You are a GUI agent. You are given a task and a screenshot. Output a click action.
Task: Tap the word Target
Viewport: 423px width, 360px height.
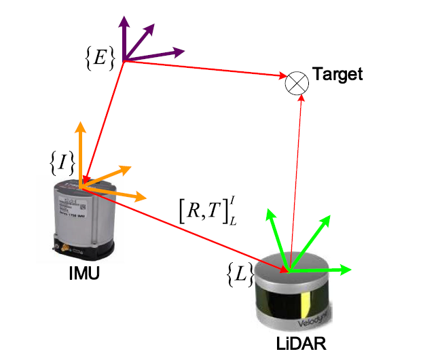[x=337, y=74]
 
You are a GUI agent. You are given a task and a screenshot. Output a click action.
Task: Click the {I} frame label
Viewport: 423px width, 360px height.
[x=62, y=161]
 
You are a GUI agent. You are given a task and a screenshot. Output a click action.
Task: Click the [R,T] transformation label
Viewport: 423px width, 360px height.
[x=205, y=211]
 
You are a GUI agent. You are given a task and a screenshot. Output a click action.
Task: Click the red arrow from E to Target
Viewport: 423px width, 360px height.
[x=204, y=68]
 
